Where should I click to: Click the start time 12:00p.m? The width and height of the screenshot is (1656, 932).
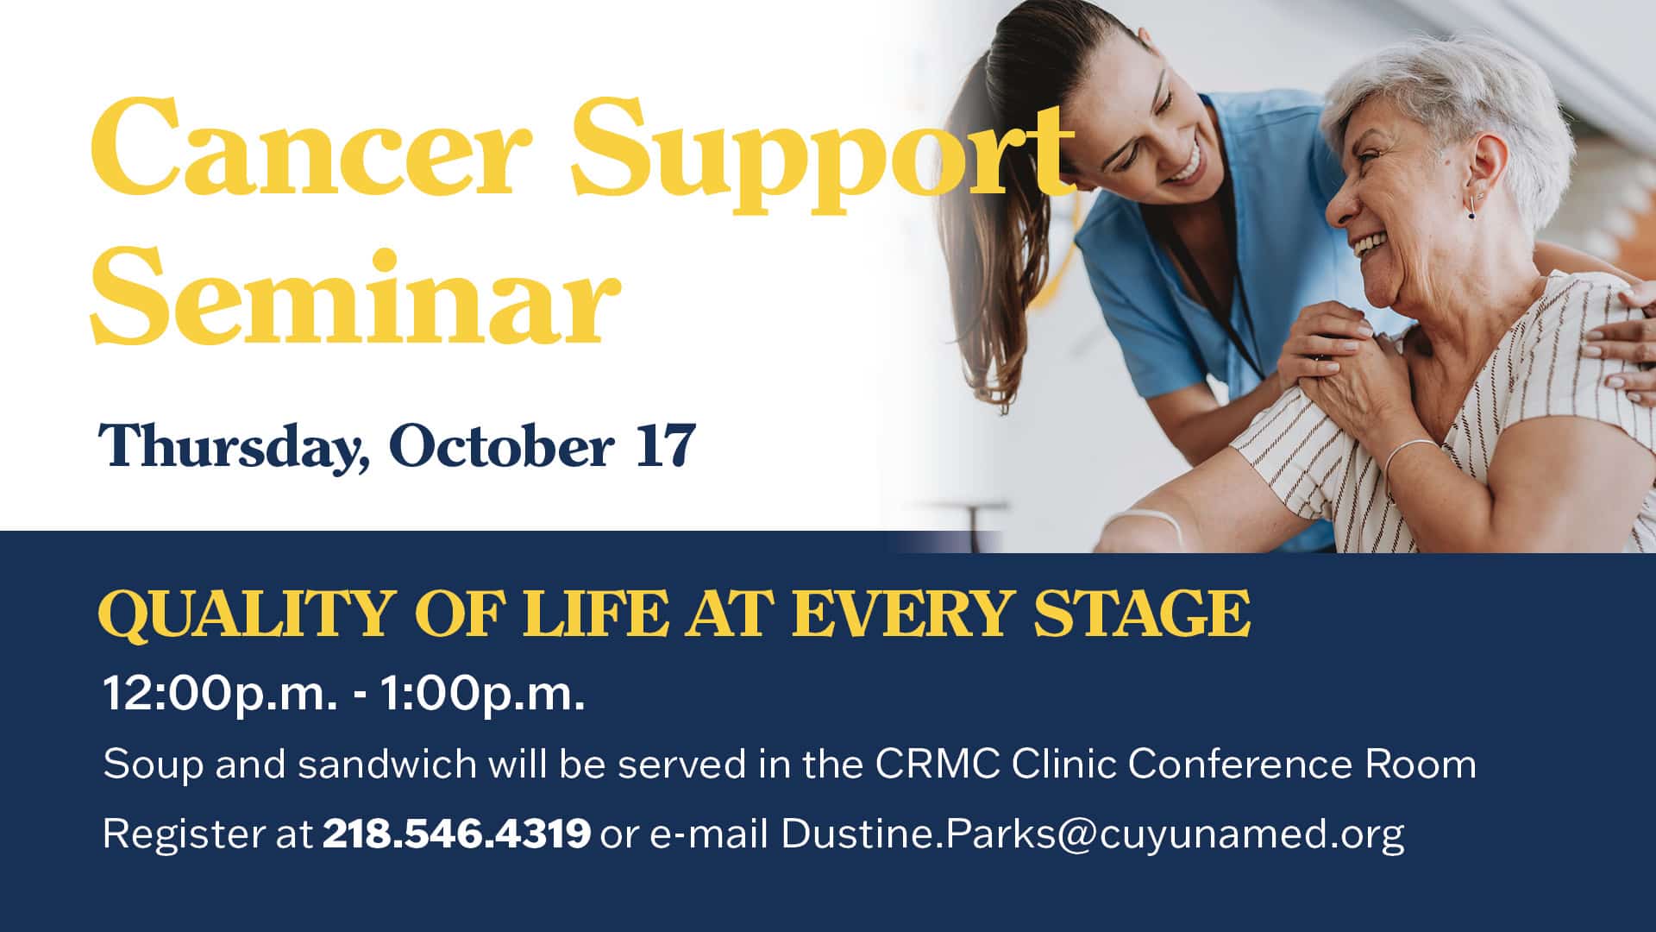tap(220, 694)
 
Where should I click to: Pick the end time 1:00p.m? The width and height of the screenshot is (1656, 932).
tap(483, 694)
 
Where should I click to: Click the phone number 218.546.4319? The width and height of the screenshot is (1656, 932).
tap(456, 834)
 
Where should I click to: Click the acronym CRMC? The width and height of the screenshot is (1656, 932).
tap(938, 765)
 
